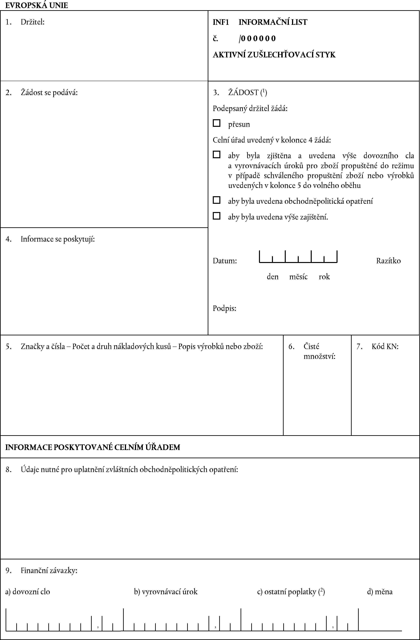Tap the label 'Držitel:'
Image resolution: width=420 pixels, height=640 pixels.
click(x=33, y=22)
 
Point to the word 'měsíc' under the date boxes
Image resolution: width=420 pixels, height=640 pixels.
click(x=298, y=277)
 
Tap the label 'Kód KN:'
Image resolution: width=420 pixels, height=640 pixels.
click(x=385, y=346)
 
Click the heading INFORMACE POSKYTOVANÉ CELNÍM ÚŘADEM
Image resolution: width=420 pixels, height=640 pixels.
click(x=93, y=447)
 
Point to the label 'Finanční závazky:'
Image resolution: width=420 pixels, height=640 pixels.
click(x=49, y=570)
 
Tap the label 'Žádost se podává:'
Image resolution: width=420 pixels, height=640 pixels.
click(x=49, y=92)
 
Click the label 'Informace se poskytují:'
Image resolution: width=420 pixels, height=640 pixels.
click(x=58, y=239)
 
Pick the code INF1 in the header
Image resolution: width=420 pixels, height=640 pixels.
click(x=221, y=22)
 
